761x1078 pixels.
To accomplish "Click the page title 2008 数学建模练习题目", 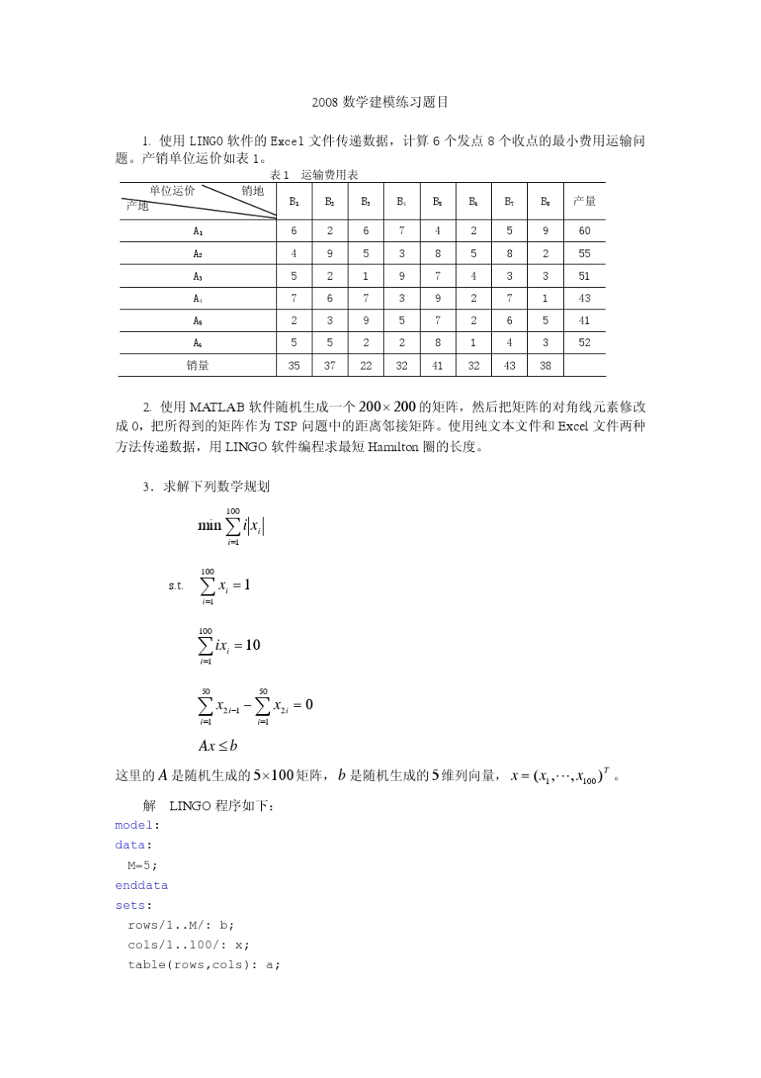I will click(x=380, y=102).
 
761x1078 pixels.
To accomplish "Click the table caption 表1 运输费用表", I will click(x=314, y=175).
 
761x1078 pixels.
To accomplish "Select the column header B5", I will click(x=437, y=201).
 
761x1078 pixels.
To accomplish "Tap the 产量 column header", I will click(x=584, y=201).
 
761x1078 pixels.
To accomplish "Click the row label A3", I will click(x=198, y=276).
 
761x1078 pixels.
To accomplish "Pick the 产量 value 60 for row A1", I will click(x=584, y=231).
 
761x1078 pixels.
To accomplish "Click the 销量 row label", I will click(x=198, y=365).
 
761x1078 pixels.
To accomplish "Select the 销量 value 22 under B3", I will click(x=365, y=365).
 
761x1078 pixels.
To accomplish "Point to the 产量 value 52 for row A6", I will click(x=584, y=343).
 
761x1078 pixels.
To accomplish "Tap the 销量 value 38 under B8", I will click(x=545, y=365).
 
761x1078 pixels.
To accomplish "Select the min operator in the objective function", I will click(x=209, y=526).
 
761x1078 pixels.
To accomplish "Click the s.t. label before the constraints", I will click(x=175, y=586).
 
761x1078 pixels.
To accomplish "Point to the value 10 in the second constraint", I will click(x=252, y=645).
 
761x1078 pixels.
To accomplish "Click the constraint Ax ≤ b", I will click(x=218, y=746).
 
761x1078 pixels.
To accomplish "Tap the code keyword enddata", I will click(x=141, y=886).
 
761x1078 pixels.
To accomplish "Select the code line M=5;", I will click(x=143, y=866).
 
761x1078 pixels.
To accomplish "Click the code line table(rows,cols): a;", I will click(x=203, y=965).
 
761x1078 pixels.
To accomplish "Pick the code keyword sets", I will click(x=131, y=906).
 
